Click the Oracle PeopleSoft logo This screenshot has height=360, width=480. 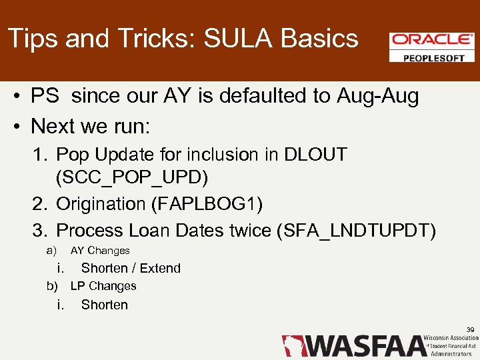432,47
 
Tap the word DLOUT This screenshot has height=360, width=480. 315,155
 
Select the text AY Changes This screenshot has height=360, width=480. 100,251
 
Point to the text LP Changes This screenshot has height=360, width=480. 103,286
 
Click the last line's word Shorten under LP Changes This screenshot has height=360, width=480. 105,305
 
